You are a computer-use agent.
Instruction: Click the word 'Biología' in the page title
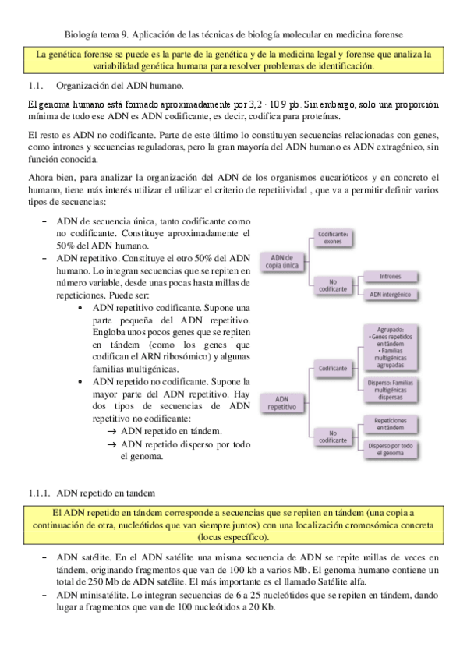tap(82, 34)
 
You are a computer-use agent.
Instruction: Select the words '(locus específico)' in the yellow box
tap(234, 537)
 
